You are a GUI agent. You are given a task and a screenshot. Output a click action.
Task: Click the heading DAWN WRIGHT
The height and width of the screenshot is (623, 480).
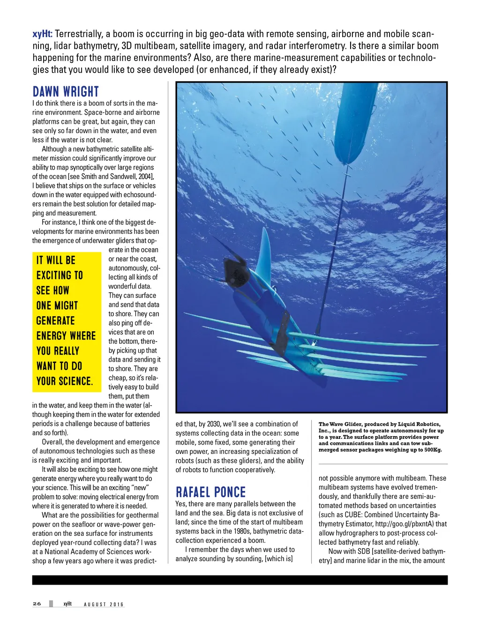pos(66,91)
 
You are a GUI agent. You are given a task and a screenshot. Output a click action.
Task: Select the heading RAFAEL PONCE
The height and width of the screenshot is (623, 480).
pos(210,492)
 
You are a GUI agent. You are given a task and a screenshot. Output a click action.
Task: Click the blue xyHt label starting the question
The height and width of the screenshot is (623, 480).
pos(42,34)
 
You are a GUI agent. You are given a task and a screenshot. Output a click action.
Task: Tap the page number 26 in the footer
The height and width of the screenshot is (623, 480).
pos(37,604)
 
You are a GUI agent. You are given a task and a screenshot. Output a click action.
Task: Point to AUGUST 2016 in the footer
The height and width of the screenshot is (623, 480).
pos(104,604)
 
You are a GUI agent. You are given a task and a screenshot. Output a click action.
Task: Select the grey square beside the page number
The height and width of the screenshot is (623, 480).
pos(51,604)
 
